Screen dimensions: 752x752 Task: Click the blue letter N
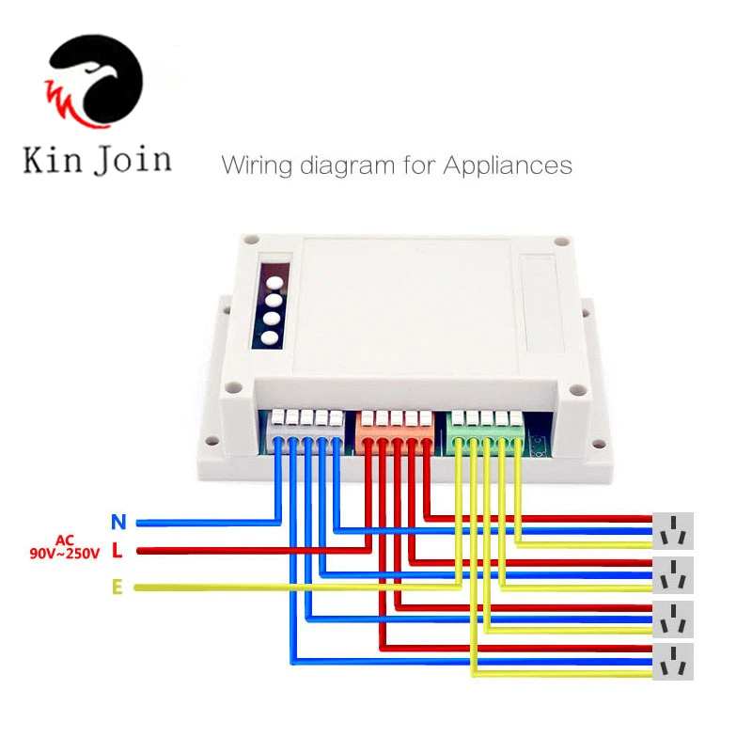click(117, 522)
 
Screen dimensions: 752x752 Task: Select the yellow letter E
click(117, 587)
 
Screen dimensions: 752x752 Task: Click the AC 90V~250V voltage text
click(64, 547)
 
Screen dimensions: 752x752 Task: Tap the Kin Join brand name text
click(97, 159)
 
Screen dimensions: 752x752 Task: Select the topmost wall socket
click(674, 531)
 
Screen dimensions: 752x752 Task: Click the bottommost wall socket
click(674, 663)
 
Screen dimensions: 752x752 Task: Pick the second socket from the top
click(674, 574)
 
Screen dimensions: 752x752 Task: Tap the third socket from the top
click(674, 619)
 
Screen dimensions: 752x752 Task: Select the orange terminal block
click(396, 429)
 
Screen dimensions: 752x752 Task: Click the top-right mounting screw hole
click(560, 242)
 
